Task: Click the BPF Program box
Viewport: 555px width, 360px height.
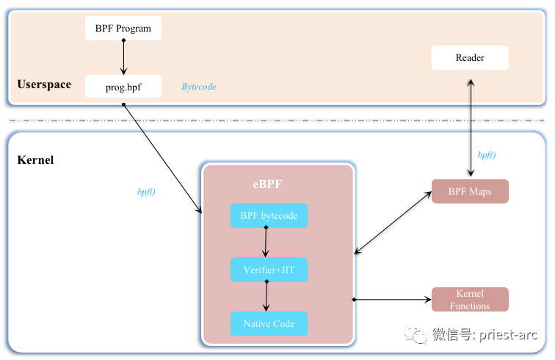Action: click(x=123, y=29)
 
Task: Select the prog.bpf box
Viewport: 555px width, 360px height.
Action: click(x=123, y=87)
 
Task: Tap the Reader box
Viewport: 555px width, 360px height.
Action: click(x=470, y=58)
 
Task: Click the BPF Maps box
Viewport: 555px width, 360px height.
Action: click(x=470, y=192)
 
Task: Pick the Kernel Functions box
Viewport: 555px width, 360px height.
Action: click(x=470, y=300)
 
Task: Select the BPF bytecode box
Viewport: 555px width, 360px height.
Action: click(x=269, y=216)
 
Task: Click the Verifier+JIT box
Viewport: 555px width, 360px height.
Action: click(x=269, y=270)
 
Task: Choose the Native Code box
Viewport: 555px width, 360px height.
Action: click(x=269, y=324)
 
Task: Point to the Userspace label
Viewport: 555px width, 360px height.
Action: click(x=44, y=84)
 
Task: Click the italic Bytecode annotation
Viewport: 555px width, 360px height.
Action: click(x=199, y=87)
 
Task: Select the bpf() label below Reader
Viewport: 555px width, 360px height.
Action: click(x=486, y=155)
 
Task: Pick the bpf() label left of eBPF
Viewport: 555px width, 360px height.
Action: click(x=147, y=192)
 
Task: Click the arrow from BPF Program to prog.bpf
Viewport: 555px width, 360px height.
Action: click(x=123, y=57)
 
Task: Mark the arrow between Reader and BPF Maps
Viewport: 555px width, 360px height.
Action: click(x=470, y=125)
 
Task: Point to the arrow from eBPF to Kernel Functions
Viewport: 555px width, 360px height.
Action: click(x=392, y=300)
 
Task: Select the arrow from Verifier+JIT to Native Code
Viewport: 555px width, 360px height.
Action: click(x=266, y=297)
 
